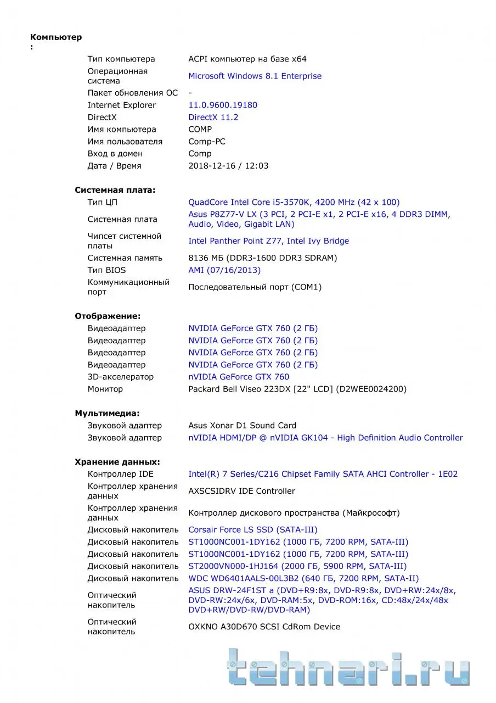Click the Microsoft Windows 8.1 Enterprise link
255,76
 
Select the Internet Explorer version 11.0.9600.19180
222,105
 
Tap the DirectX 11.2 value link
213,117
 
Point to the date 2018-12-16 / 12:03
228,165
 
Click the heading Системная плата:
115,190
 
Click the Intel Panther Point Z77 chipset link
268,241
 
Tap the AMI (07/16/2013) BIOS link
224,270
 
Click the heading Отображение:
108,316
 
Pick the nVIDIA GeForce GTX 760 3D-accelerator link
239,377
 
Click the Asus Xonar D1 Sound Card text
242,425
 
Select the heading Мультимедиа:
107,413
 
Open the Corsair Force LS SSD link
252,530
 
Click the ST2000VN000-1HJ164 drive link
297,566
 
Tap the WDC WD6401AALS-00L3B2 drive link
303,578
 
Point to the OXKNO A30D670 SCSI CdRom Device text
264,627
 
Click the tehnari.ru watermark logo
348,667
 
